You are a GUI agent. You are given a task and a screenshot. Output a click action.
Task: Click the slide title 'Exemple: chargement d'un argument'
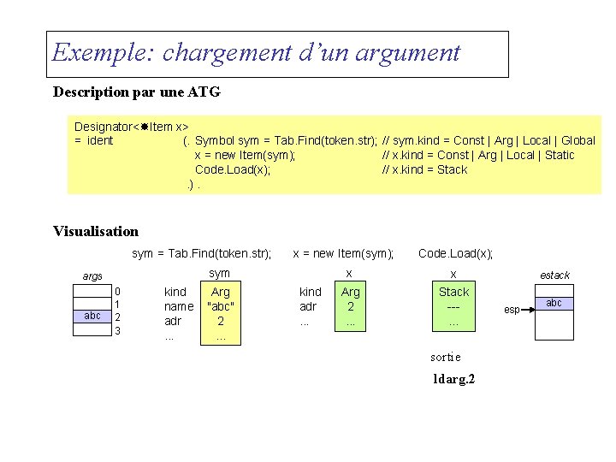pyautogui.click(x=256, y=53)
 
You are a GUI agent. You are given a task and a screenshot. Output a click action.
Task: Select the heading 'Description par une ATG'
pyautogui.click(x=137, y=91)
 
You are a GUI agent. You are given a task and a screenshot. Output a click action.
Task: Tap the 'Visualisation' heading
pyautogui.click(x=95, y=231)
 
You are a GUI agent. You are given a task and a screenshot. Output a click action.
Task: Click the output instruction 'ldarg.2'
pyautogui.click(x=454, y=378)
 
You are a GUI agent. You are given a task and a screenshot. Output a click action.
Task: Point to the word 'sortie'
pyautogui.click(x=445, y=357)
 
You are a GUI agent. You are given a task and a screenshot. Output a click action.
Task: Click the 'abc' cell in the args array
pyautogui.click(x=92, y=316)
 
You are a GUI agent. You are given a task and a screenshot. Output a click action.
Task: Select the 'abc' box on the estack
pyautogui.click(x=554, y=304)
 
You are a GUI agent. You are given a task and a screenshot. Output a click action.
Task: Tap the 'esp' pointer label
pyautogui.click(x=512, y=309)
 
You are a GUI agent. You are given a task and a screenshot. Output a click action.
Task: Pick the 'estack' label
pyautogui.click(x=554, y=275)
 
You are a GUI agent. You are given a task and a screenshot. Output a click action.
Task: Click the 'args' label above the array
pyautogui.click(x=92, y=275)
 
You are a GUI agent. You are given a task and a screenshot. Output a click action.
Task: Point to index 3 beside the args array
pyautogui.click(x=118, y=330)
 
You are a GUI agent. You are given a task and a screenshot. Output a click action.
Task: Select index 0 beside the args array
pyautogui.click(x=118, y=292)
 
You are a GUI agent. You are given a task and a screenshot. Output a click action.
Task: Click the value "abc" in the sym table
pyautogui.click(x=221, y=306)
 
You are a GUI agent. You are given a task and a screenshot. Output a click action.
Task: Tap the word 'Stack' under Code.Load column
pyautogui.click(x=453, y=292)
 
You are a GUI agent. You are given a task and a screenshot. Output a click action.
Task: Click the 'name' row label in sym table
pyautogui.click(x=179, y=306)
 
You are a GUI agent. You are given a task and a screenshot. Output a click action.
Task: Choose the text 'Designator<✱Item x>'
pyautogui.click(x=132, y=126)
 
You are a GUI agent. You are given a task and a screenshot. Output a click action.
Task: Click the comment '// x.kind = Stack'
pyautogui.click(x=424, y=169)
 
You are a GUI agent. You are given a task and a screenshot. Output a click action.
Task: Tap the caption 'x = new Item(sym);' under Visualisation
pyautogui.click(x=343, y=253)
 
